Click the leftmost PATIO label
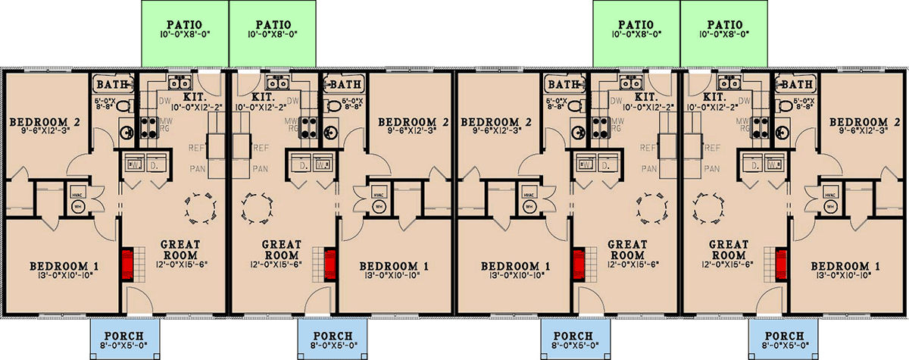185,24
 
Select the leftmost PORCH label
124,336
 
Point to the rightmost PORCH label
783,336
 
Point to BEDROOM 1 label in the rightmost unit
845,267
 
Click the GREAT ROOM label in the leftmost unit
180,249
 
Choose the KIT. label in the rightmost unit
714,97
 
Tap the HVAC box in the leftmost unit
76,194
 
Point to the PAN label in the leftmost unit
194,168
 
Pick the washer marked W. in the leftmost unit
133,164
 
